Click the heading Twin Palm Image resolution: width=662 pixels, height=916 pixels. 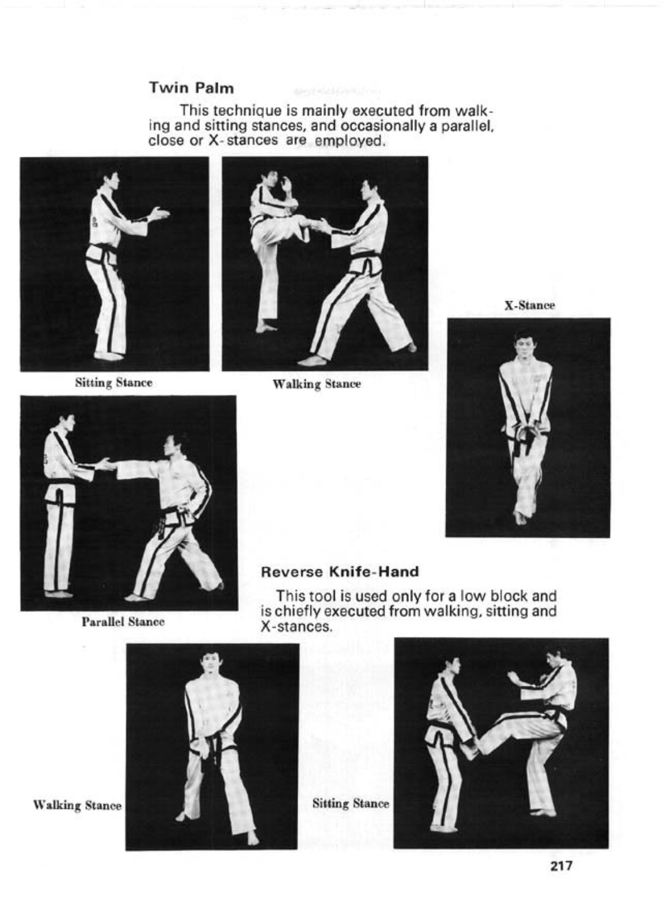pyautogui.click(x=191, y=88)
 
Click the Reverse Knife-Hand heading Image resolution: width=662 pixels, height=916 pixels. pyautogui.click(x=340, y=571)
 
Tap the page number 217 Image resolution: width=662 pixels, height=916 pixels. pyautogui.click(x=561, y=865)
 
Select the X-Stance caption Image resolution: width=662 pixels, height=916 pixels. pyautogui.click(x=529, y=305)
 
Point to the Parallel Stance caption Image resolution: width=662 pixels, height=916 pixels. pyautogui.click(x=123, y=622)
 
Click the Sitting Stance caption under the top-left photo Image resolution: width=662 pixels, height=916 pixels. pyautogui.click(x=114, y=383)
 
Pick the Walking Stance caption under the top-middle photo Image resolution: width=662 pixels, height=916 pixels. pyautogui.click(x=317, y=385)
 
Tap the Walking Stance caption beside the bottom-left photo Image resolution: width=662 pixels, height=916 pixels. pyautogui.click(x=77, y=806)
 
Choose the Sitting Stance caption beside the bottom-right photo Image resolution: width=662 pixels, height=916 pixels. pyautogui.click(x=351, y=804)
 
